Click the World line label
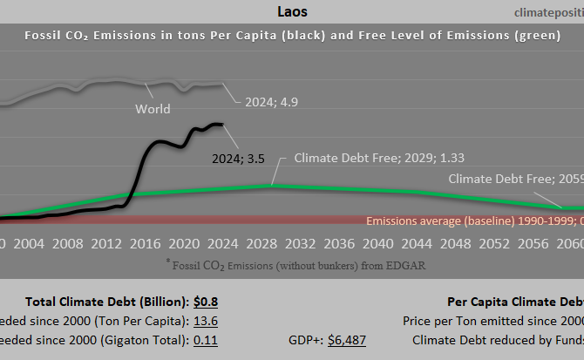[153, 110]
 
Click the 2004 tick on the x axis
[30, 242]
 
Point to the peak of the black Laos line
[215, 124]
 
